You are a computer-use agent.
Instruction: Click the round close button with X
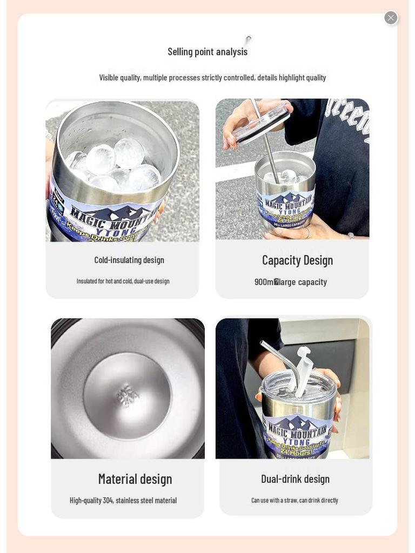[x=391, y=18]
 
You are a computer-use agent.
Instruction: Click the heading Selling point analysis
[x=207, y=52]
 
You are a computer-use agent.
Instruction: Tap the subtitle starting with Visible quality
[x=212, y=78]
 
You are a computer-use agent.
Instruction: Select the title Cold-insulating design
[x=129, y=260]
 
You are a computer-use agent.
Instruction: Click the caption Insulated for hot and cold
[x=123, y=281]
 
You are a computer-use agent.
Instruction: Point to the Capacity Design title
[x=297, y=260]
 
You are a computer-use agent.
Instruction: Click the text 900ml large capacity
[x=291, y=282]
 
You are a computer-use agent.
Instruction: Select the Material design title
[x=135, y=479]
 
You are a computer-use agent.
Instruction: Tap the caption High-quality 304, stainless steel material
[x=123, y=501]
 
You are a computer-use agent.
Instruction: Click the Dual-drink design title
[x=295, y=479]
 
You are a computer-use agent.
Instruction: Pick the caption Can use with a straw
[x=294, y=501]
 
